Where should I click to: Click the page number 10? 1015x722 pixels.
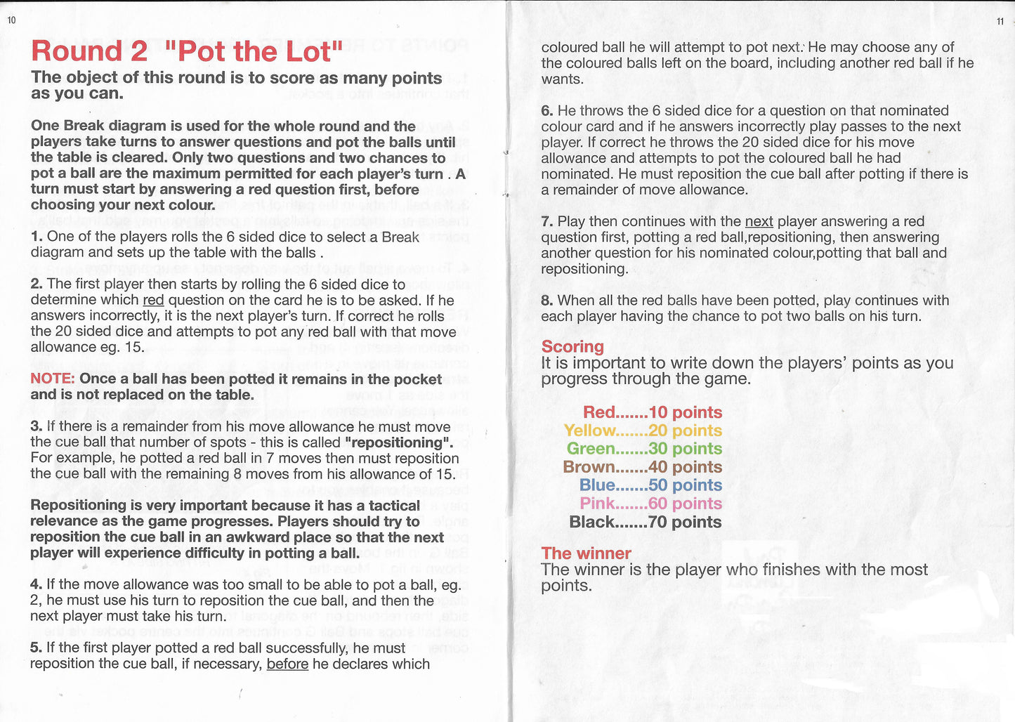tap(11, 20)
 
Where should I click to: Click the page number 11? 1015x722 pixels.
tap(1000, 22)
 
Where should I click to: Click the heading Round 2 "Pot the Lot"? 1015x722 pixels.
tap(187, 51)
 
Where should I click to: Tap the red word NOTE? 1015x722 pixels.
tap(53, 379)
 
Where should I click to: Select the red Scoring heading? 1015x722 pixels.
tap(572, 346)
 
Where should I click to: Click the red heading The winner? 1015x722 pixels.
tap(586, 553)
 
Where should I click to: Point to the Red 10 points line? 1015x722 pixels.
tap(653, 412)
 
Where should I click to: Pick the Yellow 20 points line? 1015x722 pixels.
tap(643, 431)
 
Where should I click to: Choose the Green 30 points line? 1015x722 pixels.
tap(644, 449)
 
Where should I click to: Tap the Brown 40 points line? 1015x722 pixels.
tap(642, 467)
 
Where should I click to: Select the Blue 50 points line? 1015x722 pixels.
tap(650, 485)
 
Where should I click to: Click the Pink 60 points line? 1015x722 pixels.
tap(650, 504)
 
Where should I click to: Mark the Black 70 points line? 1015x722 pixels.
tap(645, 522)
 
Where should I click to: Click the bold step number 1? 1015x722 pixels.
tap(37, 237)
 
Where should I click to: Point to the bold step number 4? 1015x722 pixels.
tap(37, 584)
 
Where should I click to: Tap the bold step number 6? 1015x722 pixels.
tap(547, 111)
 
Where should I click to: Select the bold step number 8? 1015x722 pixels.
tap(547, 301)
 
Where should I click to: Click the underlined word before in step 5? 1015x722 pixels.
tap(287, 664)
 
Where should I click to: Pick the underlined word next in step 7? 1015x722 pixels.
tap(759, 222)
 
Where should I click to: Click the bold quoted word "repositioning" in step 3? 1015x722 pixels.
tap(398, 443)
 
